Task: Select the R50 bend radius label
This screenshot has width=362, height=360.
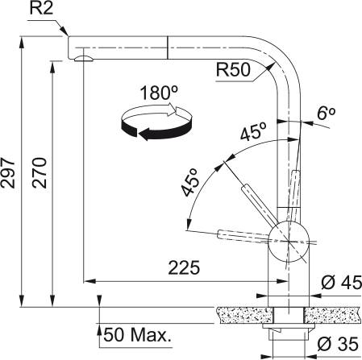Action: pos(233,70)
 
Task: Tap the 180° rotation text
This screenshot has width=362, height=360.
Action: pos(159,93)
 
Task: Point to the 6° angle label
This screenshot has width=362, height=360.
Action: pos(326,115)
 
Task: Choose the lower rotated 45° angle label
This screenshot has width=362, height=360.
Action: pos(190,185)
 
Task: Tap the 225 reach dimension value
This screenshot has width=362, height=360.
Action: pos(184,267)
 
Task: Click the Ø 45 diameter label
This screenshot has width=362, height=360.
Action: pos(339,283)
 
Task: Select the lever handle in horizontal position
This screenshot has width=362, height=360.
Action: pos(242,235)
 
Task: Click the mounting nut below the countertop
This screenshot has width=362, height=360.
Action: pos(287,332)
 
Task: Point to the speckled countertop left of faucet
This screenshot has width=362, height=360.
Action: pos(242,309)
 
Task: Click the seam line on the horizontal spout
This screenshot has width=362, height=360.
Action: pos(167,46)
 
